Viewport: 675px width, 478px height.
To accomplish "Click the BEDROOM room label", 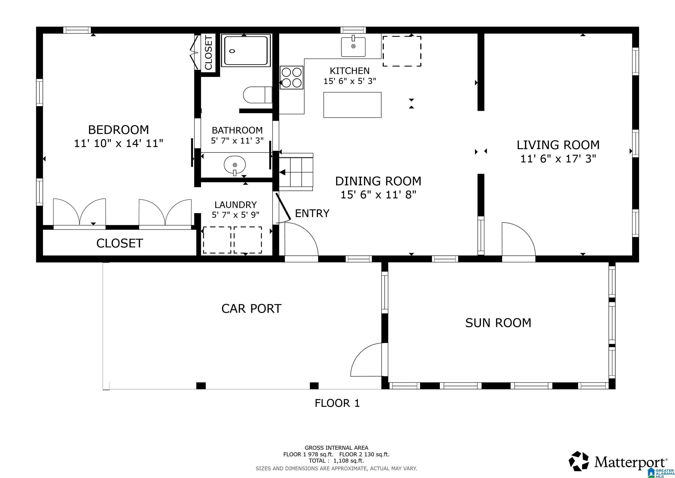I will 118,130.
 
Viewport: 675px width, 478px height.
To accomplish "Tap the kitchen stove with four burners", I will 291,77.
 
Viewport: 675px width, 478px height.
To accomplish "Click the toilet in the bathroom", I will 258,95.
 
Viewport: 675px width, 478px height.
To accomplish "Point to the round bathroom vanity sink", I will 235,165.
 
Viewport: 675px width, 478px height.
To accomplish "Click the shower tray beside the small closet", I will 246,51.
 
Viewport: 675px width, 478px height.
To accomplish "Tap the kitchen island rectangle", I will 352,105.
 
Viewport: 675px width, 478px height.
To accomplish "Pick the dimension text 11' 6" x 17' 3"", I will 558,159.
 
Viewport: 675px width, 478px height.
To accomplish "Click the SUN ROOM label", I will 498,323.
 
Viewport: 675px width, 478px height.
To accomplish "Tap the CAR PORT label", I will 251,309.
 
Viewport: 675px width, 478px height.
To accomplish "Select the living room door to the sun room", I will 518,240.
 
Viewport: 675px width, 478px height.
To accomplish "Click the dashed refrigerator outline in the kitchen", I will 402,51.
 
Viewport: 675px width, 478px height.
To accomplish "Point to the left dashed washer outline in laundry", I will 217,240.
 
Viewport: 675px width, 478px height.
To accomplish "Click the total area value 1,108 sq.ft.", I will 348,461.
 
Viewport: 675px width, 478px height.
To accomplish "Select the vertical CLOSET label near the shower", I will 208,53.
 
